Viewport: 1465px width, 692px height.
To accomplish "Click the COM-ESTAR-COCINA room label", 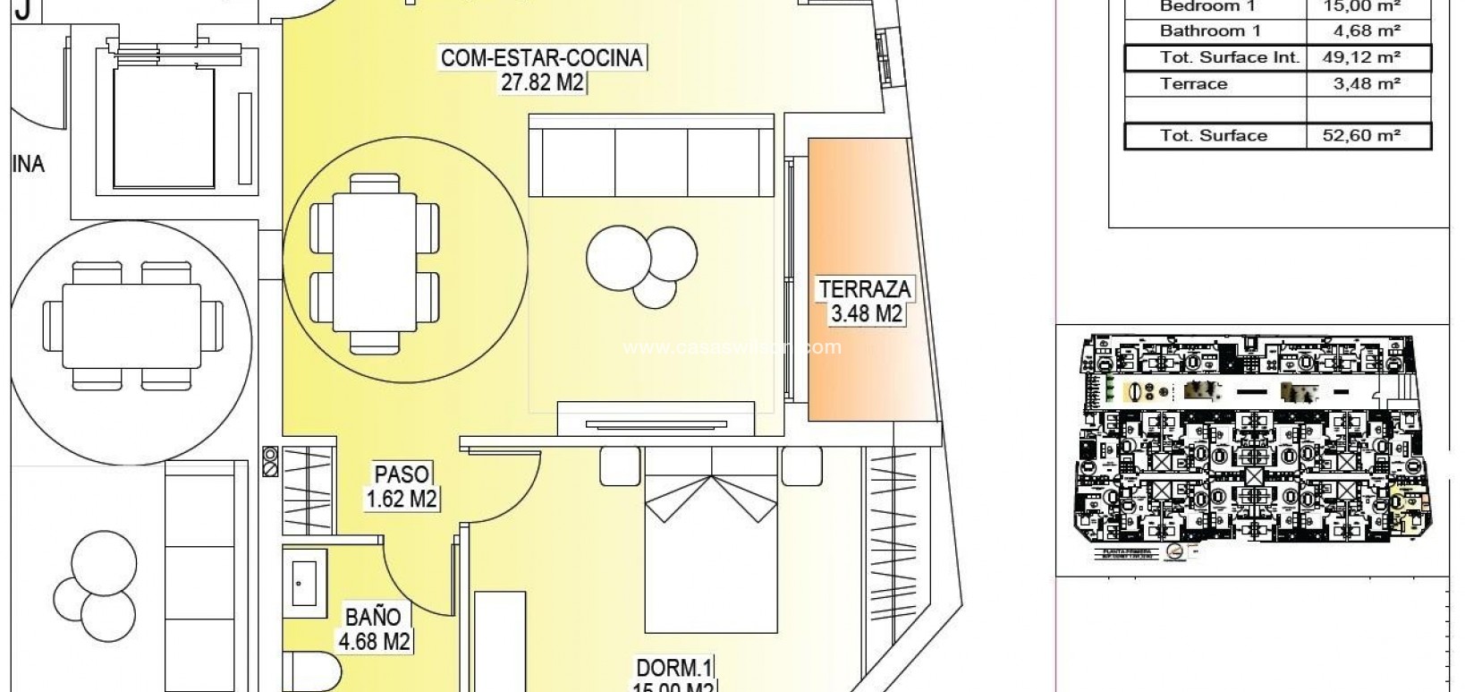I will click(x=541, y=58).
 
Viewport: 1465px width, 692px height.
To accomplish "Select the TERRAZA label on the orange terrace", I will click(x=864, y=289).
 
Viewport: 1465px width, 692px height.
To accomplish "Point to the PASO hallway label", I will click(x=402, y=474).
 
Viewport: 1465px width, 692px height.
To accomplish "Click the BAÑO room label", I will click(x=373, y=617).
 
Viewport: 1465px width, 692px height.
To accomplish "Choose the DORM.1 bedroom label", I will click(x=673, y=667).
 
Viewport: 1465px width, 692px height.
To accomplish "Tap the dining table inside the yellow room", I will click(x=376, y=263).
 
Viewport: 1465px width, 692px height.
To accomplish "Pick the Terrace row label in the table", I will click(x=1193, y=84).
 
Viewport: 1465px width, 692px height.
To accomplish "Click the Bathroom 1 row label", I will click(x=1203, y=31).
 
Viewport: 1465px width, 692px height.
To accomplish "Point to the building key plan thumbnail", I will click(x=1252, y=448).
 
